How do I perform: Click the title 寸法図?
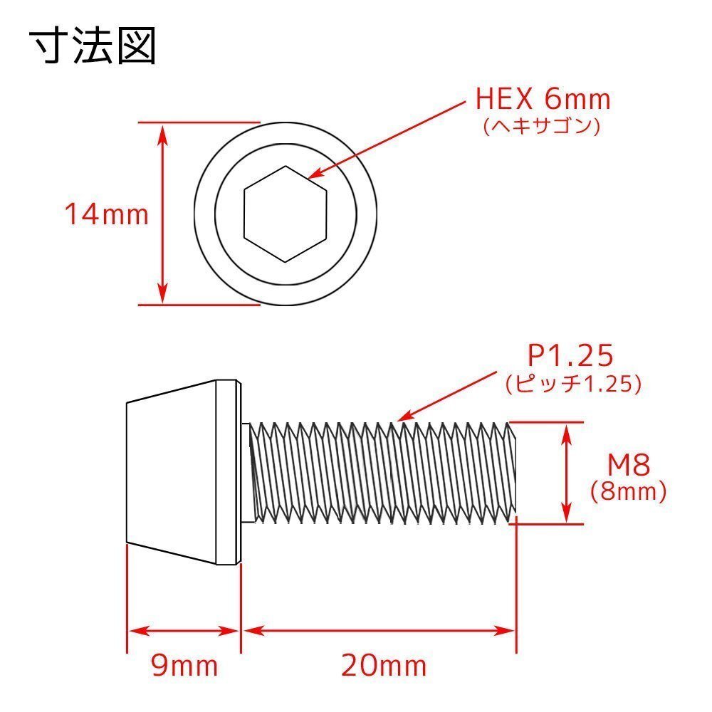click(x=93, y=46)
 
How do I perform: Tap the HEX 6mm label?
click(x=543, y=99)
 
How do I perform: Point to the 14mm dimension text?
click(x=107, y=214)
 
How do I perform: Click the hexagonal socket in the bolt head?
click(x=285, y=214)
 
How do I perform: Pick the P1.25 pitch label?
click(x=570, y=355)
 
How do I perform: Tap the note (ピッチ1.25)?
click(x=574, y=384)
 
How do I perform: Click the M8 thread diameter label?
click(x=629, y=466)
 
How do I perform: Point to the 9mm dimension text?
click(x=184, y=666)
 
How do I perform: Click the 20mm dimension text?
click(x=384, y=666)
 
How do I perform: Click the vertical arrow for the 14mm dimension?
click(x=163, y=214)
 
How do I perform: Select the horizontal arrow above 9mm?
click(x=184, y=631)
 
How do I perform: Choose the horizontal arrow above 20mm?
click(x=378, y=631)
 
